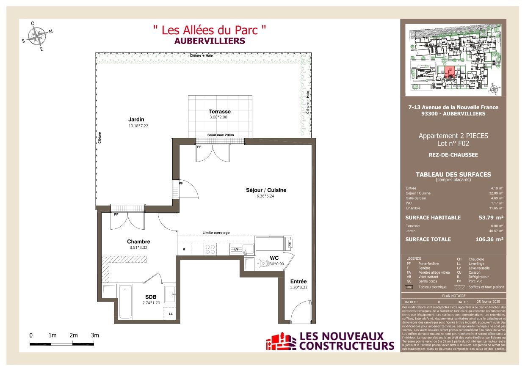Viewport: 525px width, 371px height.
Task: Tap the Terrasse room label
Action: tap(220, 112)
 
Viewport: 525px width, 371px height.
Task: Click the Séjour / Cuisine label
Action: tap(266, 190)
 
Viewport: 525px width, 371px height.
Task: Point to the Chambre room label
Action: tap(138, 242)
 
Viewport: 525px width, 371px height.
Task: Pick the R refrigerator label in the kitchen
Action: tap(183, 250)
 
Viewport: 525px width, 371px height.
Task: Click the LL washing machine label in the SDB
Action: tap(170, 313)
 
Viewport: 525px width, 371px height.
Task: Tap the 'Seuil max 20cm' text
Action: tap(220, 135)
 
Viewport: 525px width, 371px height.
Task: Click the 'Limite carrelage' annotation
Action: tap(216, 233)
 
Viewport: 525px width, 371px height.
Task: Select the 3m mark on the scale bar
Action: tap(95, 335)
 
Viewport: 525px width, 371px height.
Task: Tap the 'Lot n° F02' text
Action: tap(453, 144)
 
